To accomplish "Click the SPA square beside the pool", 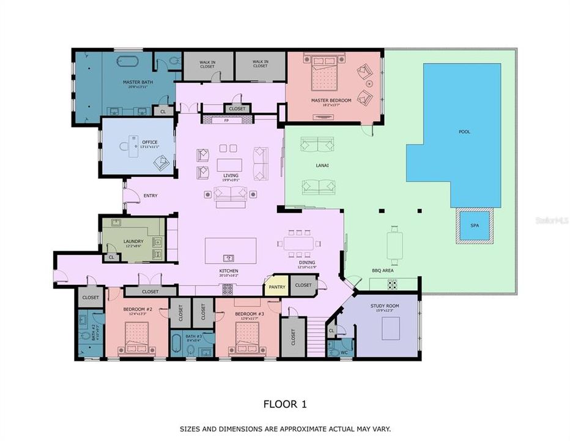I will coord(475,226).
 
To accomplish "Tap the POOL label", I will coord(465,132).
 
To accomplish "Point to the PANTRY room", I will coord(276,286).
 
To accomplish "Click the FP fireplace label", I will coord(226,121).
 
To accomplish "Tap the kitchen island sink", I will coord(229,258).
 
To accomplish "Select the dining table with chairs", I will coord(298,244).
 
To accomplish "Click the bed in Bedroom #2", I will coord(138,337).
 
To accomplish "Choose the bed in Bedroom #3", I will coord(248,337).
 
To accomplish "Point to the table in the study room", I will coord(390,330).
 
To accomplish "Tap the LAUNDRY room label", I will coord(133,241).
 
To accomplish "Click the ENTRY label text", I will coord(150,196).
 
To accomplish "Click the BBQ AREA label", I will coord(383,270).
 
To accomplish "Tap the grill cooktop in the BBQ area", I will coord(392,284).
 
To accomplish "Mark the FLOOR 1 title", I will coord(284,404).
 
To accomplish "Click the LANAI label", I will coord(322,165).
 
